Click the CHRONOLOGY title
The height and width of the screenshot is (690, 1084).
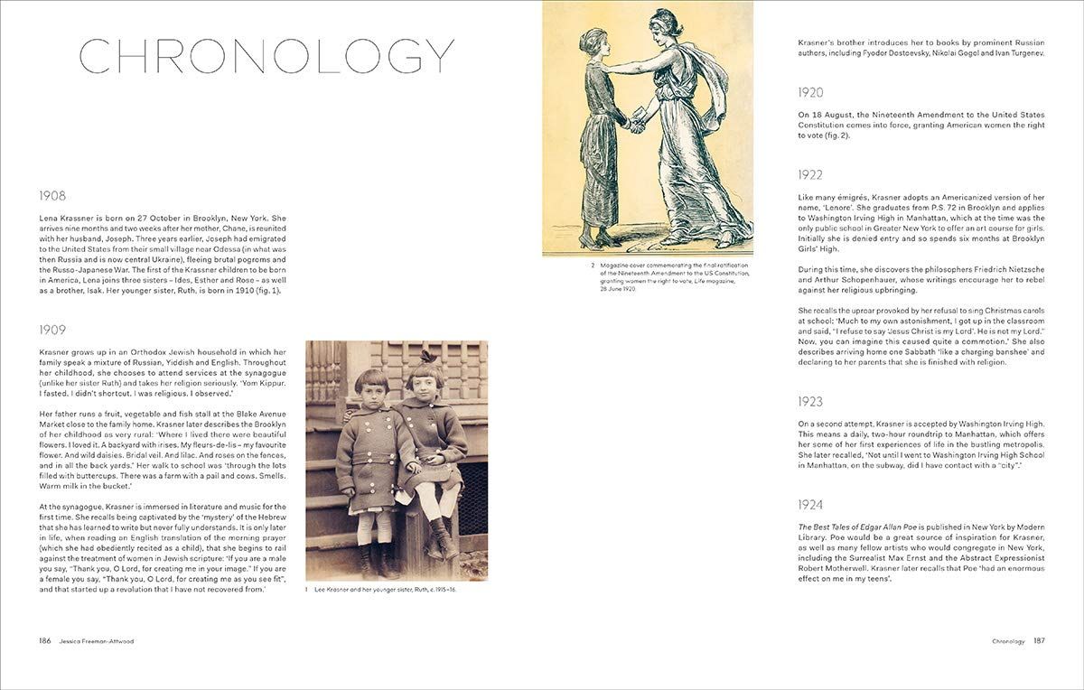pos(266,56)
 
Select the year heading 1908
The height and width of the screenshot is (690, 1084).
pos(52,195)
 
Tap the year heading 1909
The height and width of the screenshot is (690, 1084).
pos(52,330)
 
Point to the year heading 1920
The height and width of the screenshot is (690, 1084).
pos(810,92)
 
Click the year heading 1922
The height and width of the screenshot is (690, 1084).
pos(810,174)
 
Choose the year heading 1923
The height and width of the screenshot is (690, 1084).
pos(810,401)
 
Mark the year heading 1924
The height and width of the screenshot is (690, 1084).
pos(810,504)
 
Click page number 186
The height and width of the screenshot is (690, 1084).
pos(44,640)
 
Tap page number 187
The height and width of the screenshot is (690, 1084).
pos(1039,641)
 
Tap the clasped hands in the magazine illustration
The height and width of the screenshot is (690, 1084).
pos(638,125)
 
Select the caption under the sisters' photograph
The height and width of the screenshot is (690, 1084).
pos(379,590)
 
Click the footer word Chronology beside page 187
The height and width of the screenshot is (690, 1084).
pos(1007,641)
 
